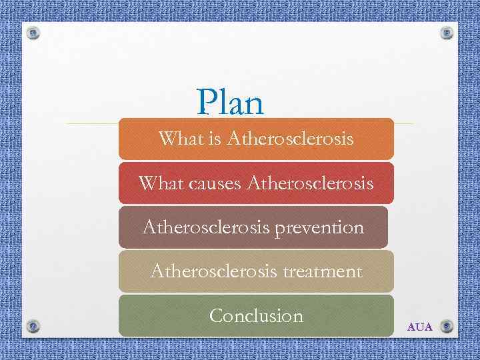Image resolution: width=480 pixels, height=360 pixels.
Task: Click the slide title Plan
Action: click(231, 103)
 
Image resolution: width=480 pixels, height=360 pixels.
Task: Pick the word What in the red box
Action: click(157, 183)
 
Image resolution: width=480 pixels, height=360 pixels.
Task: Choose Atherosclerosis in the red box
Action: click(310, 183)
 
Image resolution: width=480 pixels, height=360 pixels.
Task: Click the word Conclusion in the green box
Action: click(256, 315)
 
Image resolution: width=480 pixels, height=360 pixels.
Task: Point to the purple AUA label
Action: click(420, 327)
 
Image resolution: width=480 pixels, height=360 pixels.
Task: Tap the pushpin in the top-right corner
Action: click(447, 33)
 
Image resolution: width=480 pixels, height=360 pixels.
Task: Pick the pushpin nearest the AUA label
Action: click(447, 326)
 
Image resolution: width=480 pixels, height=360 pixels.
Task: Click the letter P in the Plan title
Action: click(207, 103)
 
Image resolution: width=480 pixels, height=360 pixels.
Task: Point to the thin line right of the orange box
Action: click(403, 124)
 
